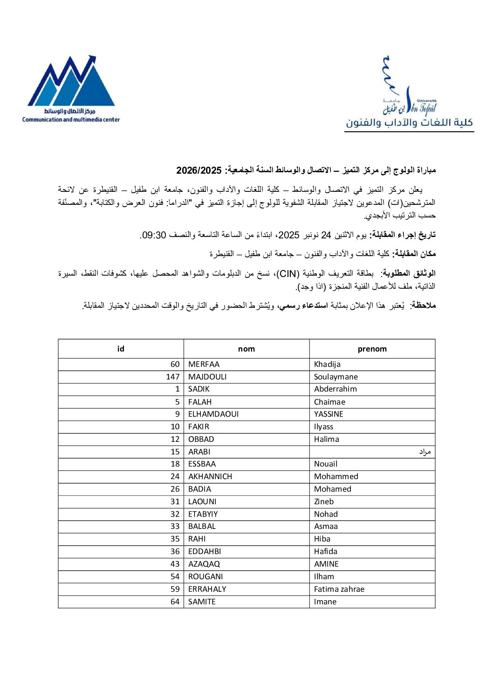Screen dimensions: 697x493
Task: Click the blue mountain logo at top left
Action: [x=71, y=81]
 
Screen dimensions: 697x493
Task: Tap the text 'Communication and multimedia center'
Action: [x=71, y=120]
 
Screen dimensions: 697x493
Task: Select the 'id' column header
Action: [x=121, y=349]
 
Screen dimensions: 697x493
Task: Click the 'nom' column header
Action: [x=246, y=349]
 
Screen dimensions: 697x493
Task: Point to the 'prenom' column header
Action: [x=372, y=349]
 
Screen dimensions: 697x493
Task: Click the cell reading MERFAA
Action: [x=204, y=364]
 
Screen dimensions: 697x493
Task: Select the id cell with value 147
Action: [x=172, y=377]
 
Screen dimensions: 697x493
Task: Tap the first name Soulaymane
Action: [x=336, y=377]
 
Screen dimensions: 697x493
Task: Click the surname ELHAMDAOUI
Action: [x=213, y=414]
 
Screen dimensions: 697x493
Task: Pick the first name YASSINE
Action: [x=329, y=414]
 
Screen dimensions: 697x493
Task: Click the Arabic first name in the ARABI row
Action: [x=425, y=452]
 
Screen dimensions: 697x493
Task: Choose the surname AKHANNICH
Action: [x=210, y=476]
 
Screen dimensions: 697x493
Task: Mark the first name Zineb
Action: [x=324, y=501]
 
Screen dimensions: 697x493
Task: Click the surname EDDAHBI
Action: [x=205, y=551]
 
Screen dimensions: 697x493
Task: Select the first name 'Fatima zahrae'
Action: [x=339, y=589]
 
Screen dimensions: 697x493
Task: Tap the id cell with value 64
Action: [x=175, y=602]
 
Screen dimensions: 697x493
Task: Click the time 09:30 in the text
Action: [x=154, y=235]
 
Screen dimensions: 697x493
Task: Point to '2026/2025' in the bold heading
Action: [x=199, y=170]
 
